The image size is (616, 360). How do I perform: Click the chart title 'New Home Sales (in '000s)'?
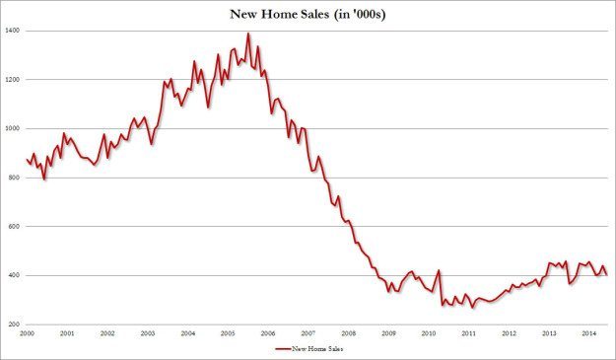click(308, 13)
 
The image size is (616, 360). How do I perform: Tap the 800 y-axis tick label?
click(12, 178)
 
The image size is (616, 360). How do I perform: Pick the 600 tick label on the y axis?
click(12, 227)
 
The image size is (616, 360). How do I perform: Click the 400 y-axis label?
click(12, 276)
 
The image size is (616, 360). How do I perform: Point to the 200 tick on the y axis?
click(12, 324)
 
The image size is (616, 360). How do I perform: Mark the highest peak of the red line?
click(247, 35)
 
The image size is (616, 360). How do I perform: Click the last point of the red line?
click(606, 274)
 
